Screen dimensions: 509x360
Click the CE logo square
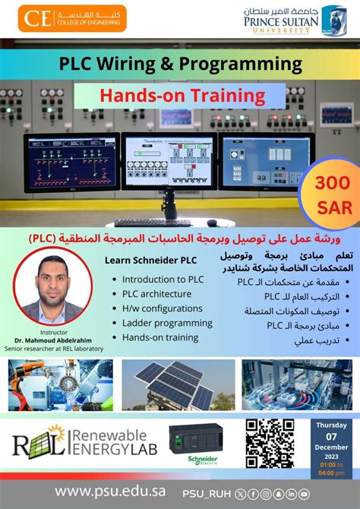pyautogui.click(x=33, y=18)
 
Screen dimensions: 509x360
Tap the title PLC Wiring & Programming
pyautogui.click(x=180, y=64)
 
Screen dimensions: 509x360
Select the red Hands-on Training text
pyautogui.click(x=179, y=96)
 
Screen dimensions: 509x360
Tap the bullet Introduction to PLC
pyautogui.click(x=163, y=280)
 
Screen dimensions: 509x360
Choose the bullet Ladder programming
pyautogui.click(x=167, y=323)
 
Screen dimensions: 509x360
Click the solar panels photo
pyautogui.click(x=177, y=385)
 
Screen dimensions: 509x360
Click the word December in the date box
pyautogui.click(x=331, y=448)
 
